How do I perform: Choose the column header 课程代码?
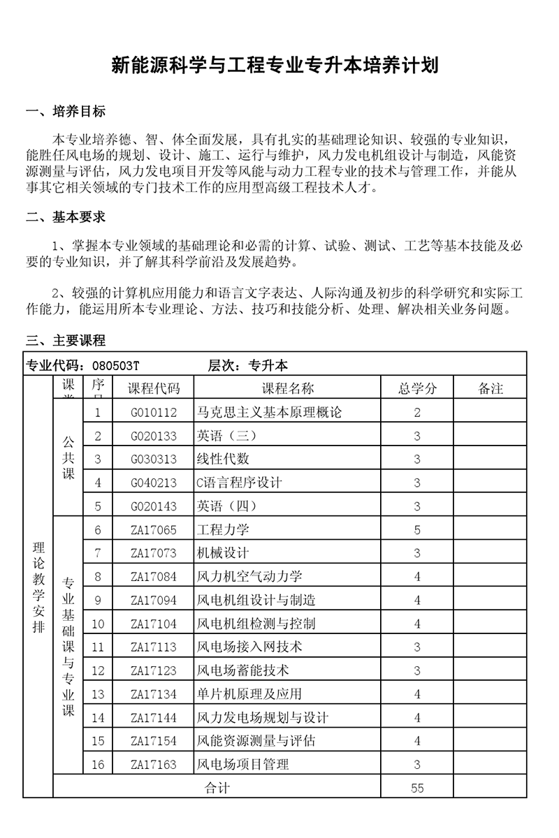[x=154, y=388]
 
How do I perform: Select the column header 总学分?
[x=417, y=388]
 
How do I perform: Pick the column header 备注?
[x=491, y=388]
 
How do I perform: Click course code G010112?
[x=154, y=412]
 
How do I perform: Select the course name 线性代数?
[x=224, y=459]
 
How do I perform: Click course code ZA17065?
[x=154, y=529]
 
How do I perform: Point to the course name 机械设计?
[x=224, y=553]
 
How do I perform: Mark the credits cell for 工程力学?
[x=417, y=529]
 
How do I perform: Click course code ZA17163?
[x=154, y=765]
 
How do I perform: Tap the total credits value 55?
[x=417, y=788]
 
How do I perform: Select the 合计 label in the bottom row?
[x=217, y=788]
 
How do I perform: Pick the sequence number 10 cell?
[x=98, y=624]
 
